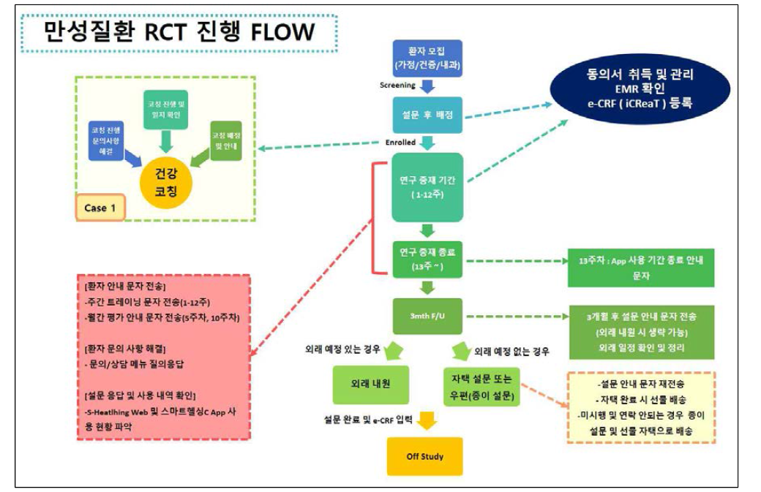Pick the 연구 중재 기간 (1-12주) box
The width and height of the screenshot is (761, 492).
tap(428, 187)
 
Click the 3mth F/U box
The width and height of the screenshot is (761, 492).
tap(428, 316)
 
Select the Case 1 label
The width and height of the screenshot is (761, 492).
tap(100, 208)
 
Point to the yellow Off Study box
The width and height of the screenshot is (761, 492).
tap(425, 457)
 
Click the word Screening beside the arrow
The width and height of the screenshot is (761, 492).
tap(397, 85)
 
